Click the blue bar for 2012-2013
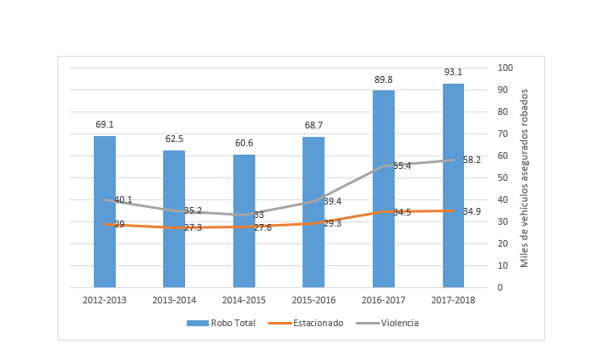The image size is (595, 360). coord(105,211)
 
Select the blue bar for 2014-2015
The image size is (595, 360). coord(244,221)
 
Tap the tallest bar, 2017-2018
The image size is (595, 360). coord(453,185)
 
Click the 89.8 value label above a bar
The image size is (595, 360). coord(384,79)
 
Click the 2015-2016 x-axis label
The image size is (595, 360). coord(314,299)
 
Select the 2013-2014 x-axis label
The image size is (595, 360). coord(174,299)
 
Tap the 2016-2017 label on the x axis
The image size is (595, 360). coord(384,299)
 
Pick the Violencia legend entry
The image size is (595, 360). coord(399,323)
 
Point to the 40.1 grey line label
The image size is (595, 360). coord(123,200)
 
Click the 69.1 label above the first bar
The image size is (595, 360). coord(105,125)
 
